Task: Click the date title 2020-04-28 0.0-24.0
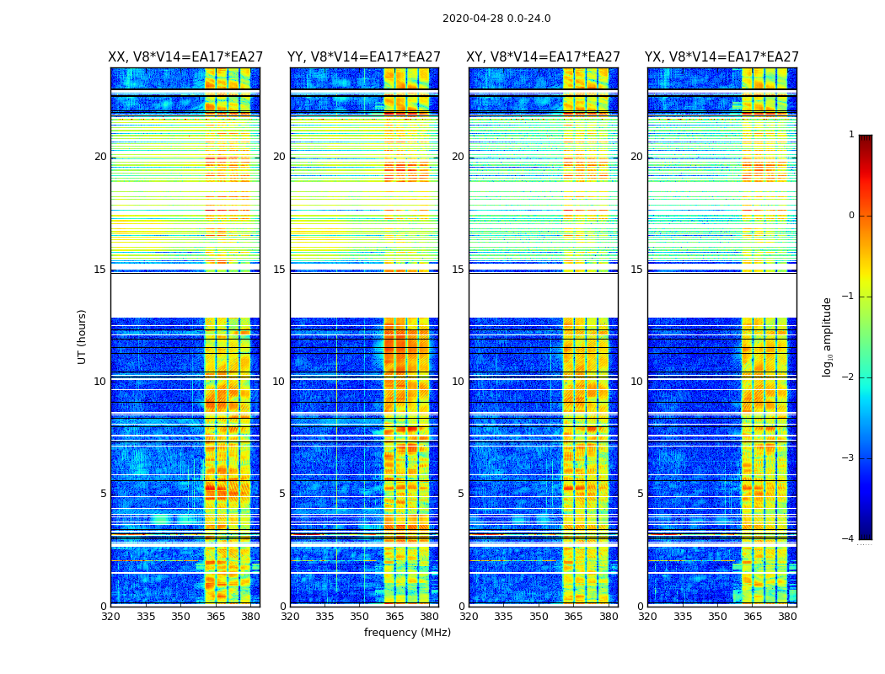496,19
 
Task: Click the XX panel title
185,57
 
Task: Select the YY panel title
364,57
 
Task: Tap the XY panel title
544,57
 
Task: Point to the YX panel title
721,57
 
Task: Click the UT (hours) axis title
83,336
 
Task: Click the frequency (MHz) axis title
407,633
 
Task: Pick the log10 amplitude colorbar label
828,336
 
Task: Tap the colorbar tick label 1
851,135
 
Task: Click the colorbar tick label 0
851,216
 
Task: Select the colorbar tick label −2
850,377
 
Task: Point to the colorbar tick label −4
850,539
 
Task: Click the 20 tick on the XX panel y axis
100,157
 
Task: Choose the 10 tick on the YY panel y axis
279,382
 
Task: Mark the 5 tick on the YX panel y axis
640,494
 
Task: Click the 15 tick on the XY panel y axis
458,270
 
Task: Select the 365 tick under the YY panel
394,617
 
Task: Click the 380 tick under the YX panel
787,617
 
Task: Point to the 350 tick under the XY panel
539,617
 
